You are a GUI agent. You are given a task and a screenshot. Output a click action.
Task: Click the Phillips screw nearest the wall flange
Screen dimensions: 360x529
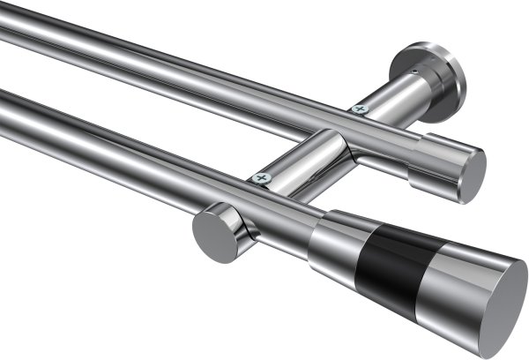click(x=359, y=109)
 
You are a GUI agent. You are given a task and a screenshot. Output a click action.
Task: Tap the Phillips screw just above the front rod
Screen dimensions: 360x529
click(x=261, y=178)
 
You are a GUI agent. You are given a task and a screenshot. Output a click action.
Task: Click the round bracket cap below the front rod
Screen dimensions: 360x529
click(x=212, y=233)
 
